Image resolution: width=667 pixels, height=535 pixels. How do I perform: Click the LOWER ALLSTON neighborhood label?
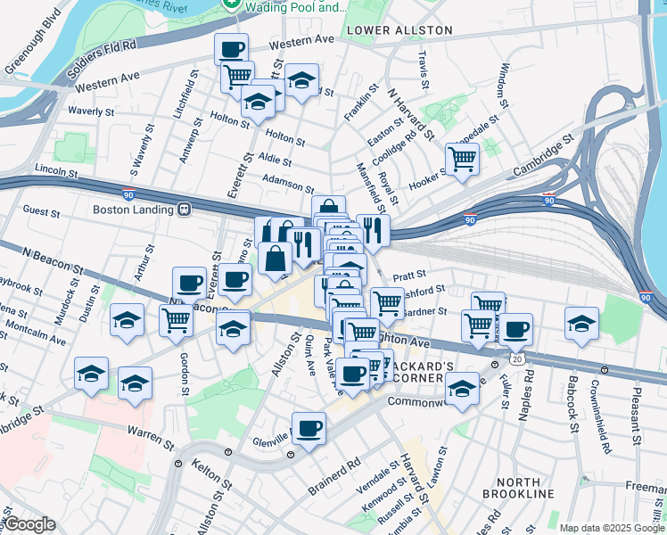(399, 30)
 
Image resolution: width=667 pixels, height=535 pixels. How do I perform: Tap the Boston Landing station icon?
(185, 210)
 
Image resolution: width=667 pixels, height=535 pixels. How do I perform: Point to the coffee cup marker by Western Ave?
(231, 49)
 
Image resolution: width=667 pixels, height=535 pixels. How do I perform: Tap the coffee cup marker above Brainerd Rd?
(309, 429)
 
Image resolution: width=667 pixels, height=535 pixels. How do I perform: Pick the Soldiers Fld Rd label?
(106, 45)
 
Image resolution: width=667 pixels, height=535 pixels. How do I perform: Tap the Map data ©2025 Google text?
(612, 528)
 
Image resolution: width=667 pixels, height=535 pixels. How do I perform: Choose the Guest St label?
(41, 213)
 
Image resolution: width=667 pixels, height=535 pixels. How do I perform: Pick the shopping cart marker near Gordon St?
(176, 319)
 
